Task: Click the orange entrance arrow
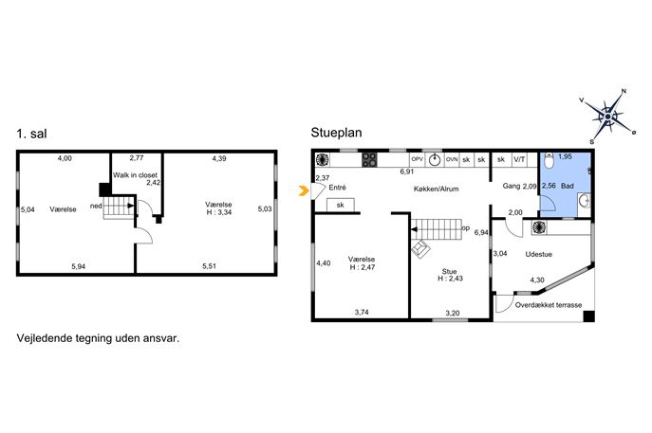tap(305, 191)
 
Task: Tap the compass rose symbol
tap(607, 117)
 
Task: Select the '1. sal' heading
tap(31, 134)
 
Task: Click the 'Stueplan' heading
tap(336, 133)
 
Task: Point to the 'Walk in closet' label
tap(135, 175)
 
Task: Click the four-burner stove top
tap(369, 160)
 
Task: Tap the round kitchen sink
tap(435, 160)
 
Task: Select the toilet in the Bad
tap(549, 161)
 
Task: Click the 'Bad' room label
tap(568, 186)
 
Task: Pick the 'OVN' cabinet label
tap(452, 159)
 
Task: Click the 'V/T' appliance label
tap(519, 159)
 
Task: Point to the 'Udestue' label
tap(538, 254)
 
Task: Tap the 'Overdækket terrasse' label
tap(548, 305)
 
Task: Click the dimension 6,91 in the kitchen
tap(406, 171)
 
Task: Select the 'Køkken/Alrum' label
tap(437, 189)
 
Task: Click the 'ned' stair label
tap(96, 206)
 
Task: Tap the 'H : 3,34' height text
tap(219, 212)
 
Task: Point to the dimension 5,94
tap(78, 266)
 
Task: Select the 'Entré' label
tap(337, 188)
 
